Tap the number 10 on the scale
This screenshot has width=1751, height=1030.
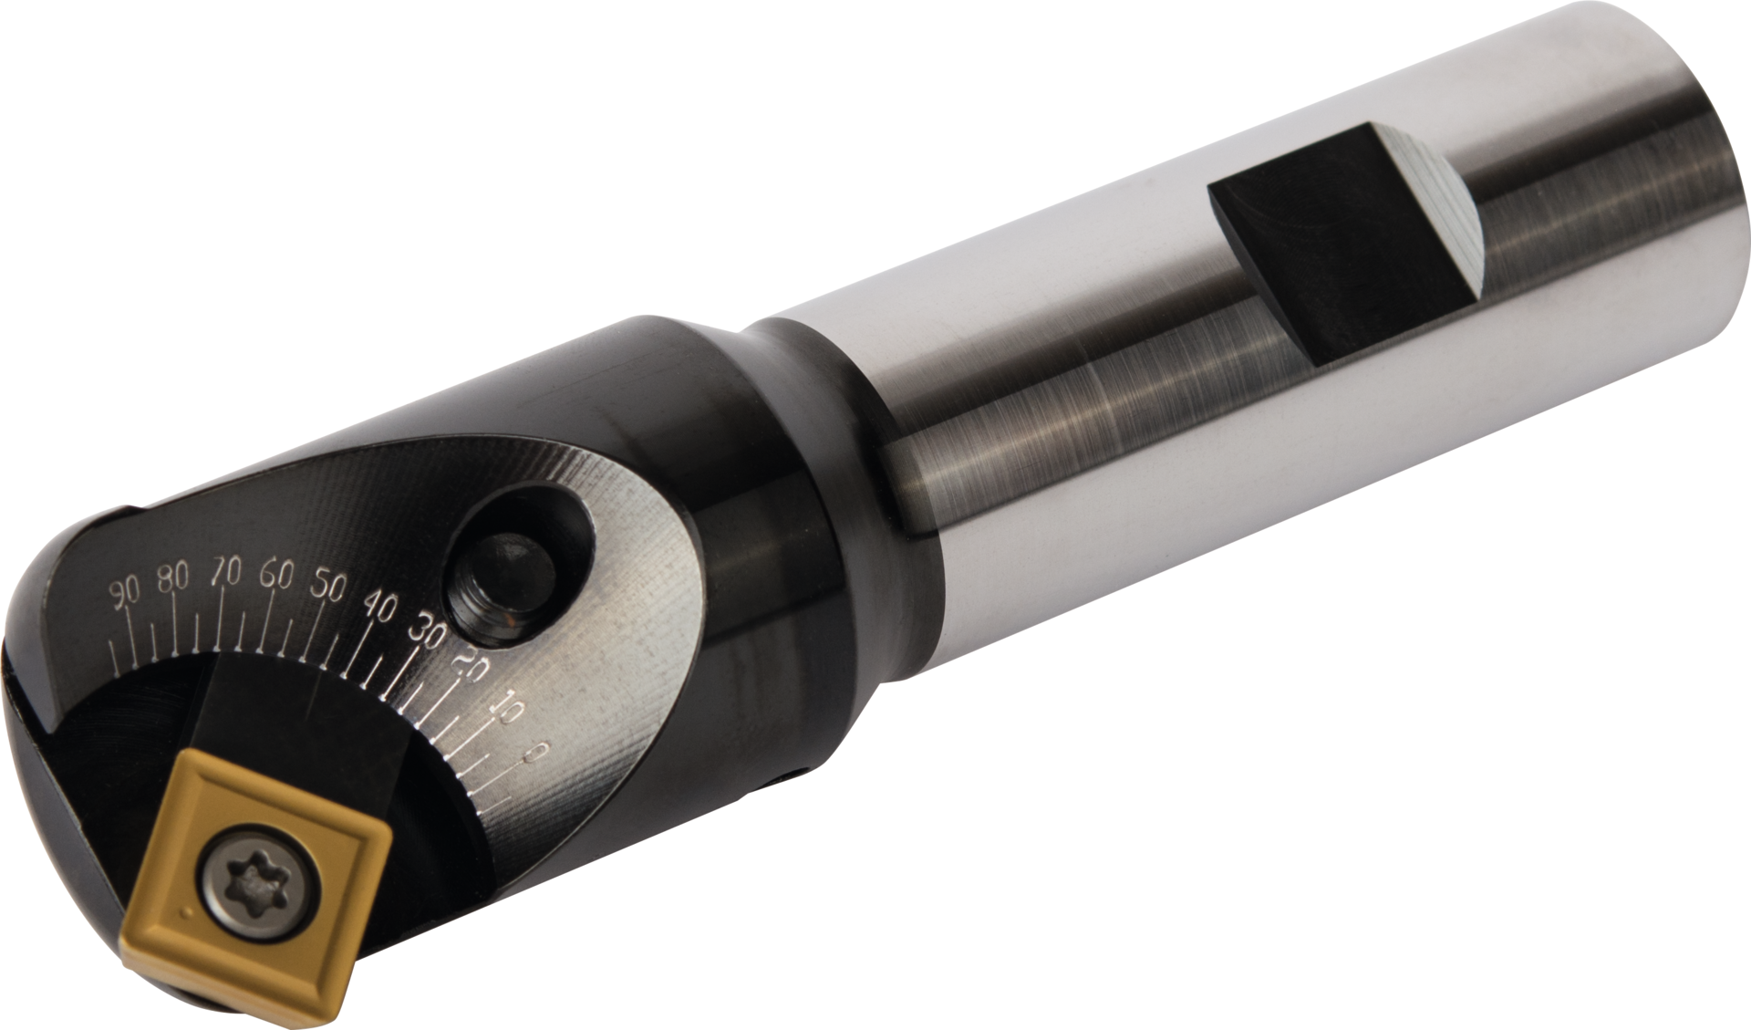pyautogui.click(x=506, y=709)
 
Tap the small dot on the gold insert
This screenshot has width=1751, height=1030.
pyautogui.click(x=186, y=910)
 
